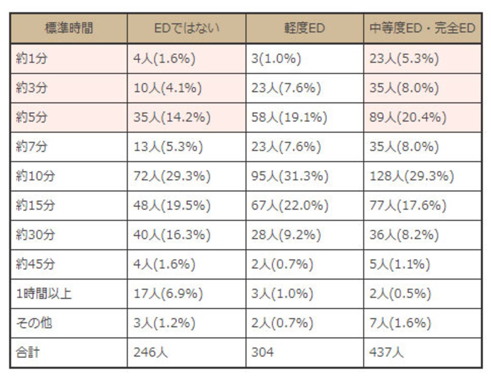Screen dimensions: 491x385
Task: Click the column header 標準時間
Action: [69, 28]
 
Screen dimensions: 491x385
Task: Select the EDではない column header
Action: [187, 28]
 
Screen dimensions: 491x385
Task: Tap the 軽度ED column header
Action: [304, 28]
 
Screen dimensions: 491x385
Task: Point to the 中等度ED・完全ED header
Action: [422, 28]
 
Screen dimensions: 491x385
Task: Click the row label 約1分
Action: [32, 58]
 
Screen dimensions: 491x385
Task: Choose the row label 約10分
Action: [35, 176]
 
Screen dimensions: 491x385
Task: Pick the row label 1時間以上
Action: [44, 293]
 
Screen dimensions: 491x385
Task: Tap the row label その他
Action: [34, 323]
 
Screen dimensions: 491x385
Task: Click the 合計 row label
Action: [27, 352]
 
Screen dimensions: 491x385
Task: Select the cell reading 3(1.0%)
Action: [276, 58]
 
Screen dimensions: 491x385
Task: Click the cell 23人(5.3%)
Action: [404, 58]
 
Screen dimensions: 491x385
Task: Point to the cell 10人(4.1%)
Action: [167, 88]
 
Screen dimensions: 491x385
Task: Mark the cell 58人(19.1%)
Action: [289, 117]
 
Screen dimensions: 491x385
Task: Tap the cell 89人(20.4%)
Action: [408, 117]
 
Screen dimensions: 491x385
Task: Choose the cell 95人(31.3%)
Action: [290, 176]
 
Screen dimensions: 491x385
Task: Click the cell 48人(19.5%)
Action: [172, 205]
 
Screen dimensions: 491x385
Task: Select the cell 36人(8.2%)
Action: [404, 235]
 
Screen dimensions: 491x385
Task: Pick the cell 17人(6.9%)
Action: [168, 293]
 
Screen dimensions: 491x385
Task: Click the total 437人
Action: [386, 352]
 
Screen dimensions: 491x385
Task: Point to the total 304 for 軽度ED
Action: [262, 352]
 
